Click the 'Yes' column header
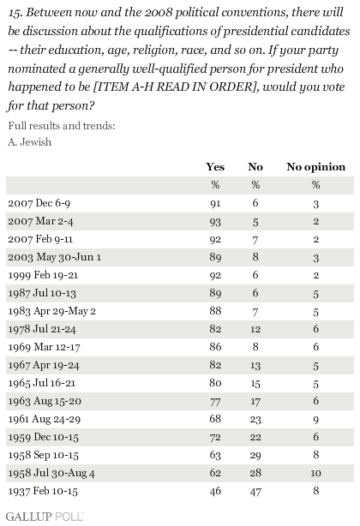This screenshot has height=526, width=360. click(215, 167)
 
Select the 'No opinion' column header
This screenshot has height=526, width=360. click(315, 167)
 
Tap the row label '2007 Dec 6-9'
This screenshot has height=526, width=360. click(39, 203)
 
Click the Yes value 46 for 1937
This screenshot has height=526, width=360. click(215, 491)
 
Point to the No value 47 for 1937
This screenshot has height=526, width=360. click(255, 491)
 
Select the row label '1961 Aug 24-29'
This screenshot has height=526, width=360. click(45, 419)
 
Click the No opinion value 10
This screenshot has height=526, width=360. click(315, 473)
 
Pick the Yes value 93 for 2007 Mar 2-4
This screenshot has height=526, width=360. click(215, 221)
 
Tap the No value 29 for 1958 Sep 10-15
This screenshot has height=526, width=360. click(255, 455)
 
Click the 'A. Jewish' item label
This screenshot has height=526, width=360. click(30, 142)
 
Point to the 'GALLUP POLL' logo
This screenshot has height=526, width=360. click(45, 517)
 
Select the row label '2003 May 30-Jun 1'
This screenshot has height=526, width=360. click(54, 257)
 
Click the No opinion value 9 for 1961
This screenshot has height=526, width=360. click(315, 419)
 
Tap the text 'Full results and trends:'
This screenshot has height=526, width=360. click(62, 126)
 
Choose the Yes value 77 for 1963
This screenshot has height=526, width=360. click(215, 401)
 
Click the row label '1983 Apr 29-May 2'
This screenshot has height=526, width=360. click(52, 311)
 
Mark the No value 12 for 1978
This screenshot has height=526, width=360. click(255, 329)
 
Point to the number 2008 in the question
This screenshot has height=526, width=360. click(159, 12)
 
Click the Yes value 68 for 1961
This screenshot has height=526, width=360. click(215, 419)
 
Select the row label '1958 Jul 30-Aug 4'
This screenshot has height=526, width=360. click(51, 473)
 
